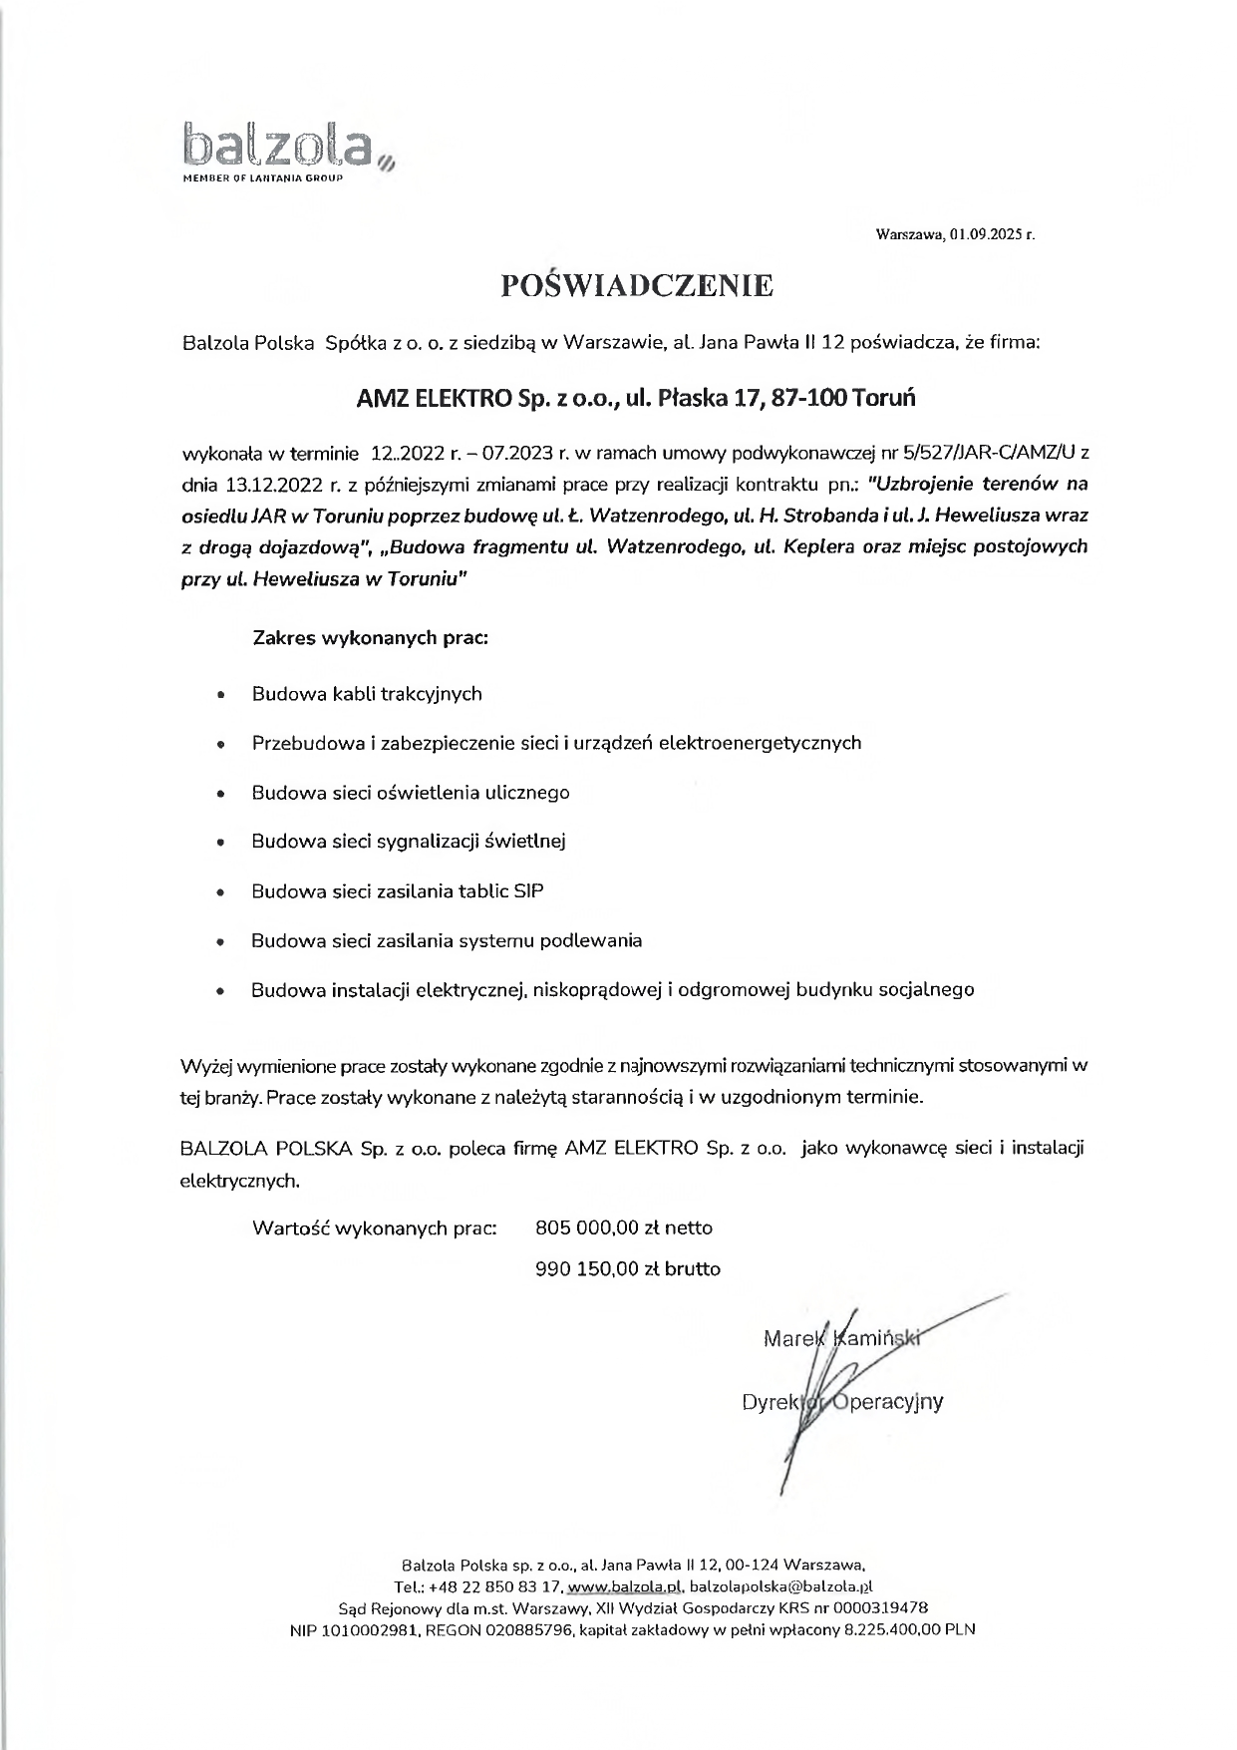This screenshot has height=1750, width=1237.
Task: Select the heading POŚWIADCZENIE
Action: coord(637,286)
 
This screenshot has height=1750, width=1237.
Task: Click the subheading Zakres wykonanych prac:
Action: coord(370,637)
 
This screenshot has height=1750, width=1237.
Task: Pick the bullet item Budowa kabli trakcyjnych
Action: coord(367,694)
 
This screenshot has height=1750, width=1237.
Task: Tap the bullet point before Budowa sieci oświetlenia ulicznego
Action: coord(220,795)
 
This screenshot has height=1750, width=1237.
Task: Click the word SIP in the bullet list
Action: coord(528,891)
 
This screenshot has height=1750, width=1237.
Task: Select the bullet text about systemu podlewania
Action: coord(447,940)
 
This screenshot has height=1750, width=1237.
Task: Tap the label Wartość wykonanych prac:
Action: coord(375,1227)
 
